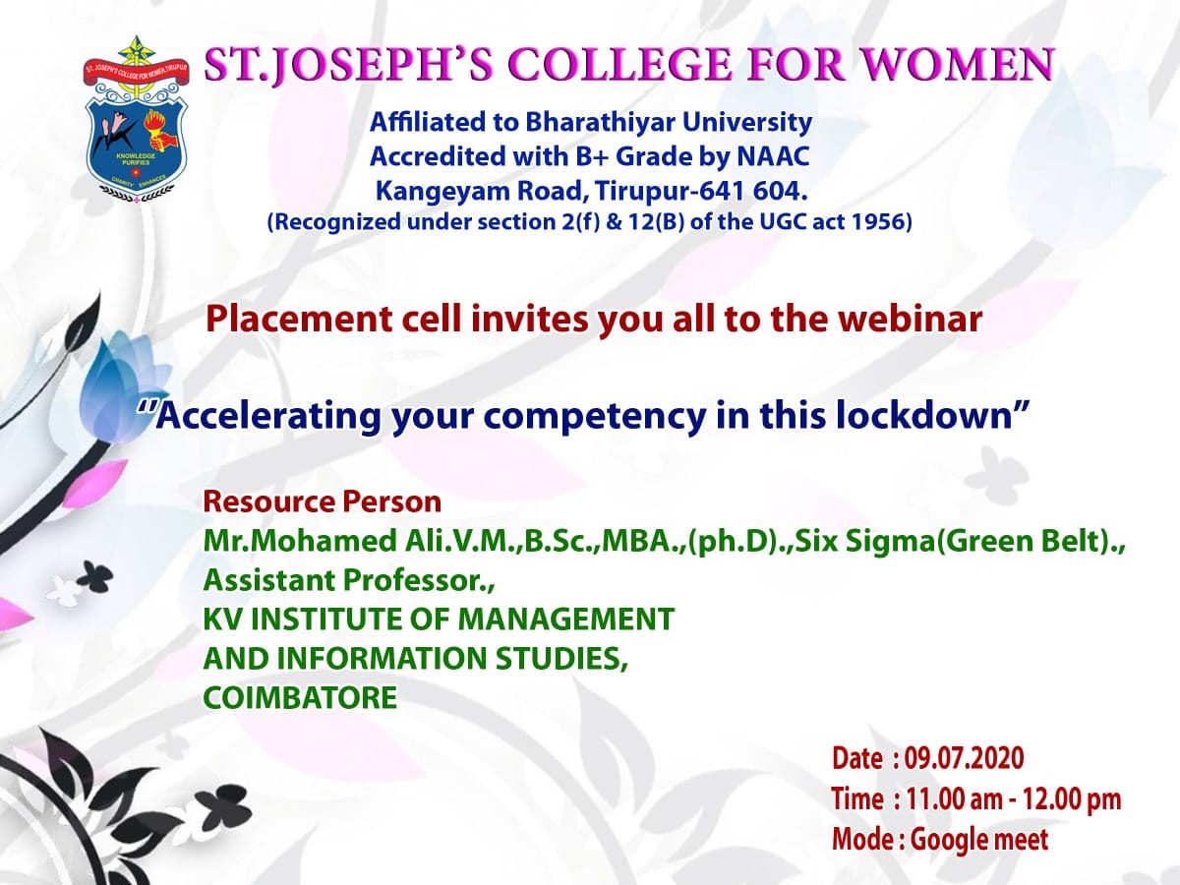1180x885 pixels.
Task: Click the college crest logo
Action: (x=136, y=119)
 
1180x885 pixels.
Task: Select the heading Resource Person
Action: (x=322, y=501)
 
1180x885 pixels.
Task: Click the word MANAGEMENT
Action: (x=566, y=619)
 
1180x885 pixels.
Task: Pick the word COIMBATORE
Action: (x=300, y=697)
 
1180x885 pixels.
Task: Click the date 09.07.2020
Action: (x=964, y=758)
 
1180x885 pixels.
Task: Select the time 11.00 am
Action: (x=955, y=799)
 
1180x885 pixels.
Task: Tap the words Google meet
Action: (x=978, y=840)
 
